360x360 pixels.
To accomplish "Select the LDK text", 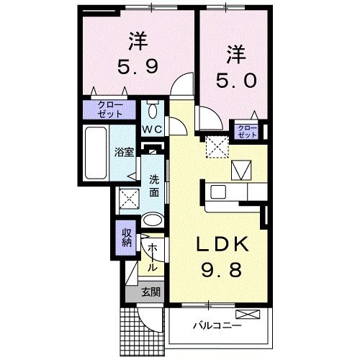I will tap(223, 247).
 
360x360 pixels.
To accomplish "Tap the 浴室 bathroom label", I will tap(124, 152).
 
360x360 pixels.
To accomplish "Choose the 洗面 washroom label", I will tap(154, 186).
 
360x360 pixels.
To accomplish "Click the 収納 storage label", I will tap(126, 237).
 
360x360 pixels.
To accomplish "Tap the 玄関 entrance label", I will tap(150, 292).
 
